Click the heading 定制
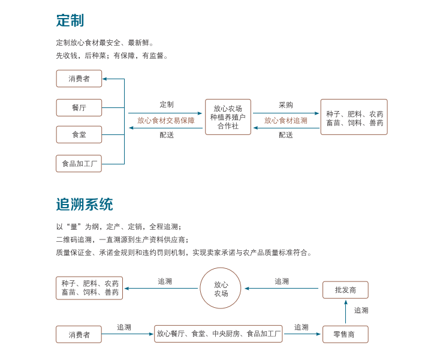tap(70, 20)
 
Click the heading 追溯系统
tap(85, 205)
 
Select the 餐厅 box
tap(79, 107)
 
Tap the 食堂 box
tap(79, 134)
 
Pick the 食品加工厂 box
tap(79, 164)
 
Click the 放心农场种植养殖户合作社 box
tap(228, 117)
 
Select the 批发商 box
tap(345, 290)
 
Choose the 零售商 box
tap(345, 334)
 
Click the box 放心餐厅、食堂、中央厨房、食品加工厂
tap(218, 334)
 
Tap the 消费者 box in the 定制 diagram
tap(79, 79)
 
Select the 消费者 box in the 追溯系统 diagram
tap(79, 334)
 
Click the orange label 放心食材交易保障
tap(166, 121)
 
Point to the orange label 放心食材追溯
tap(286, 121)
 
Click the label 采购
tap(286, 105)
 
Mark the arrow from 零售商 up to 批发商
tap(346, 312)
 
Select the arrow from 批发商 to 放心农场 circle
tap(282, 289)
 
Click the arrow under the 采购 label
tap(286, 113)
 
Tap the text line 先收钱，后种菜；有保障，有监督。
tap(112, 56)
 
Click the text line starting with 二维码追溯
tap(122, 239)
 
